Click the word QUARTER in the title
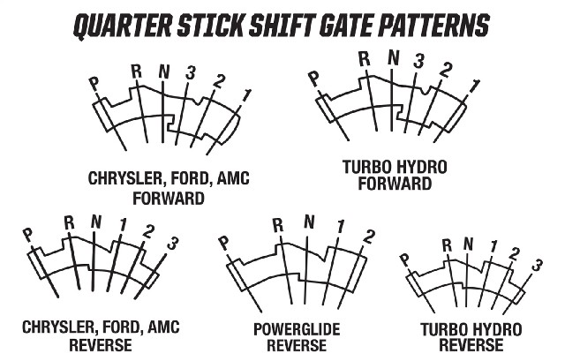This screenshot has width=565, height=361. pos(123,26)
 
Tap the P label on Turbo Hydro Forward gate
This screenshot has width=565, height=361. pos(314,79)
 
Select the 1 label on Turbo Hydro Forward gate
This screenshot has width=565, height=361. pos(475,87)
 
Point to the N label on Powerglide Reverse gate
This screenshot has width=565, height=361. pos(309,222)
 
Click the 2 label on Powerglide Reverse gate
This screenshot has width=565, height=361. pos(368,237)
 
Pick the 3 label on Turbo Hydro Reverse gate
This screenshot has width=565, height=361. pos(537,265)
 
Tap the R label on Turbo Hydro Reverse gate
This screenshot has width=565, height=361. pos(447,245)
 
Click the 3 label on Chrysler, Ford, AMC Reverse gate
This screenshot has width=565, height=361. pos(173,244)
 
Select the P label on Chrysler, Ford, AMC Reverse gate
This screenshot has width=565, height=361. pos(27,236)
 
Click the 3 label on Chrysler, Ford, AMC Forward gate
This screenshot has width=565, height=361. pos(191,72)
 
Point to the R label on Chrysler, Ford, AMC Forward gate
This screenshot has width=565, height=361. pos(136,71)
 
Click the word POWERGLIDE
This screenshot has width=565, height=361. pos(297,329)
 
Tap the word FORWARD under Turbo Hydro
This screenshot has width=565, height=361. pos(395,184)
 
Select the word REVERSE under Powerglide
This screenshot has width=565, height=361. pos(297,345)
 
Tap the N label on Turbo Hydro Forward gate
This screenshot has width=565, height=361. pos(394,57)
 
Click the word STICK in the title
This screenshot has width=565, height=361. pos(209,26)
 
